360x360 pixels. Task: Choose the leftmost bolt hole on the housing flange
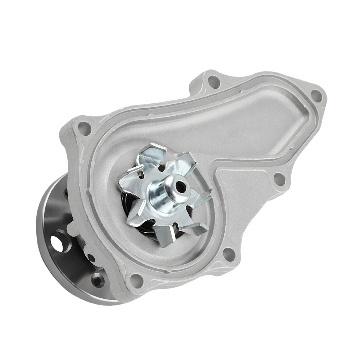[84, 127]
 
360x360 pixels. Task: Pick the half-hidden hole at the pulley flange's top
[67, 193]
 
